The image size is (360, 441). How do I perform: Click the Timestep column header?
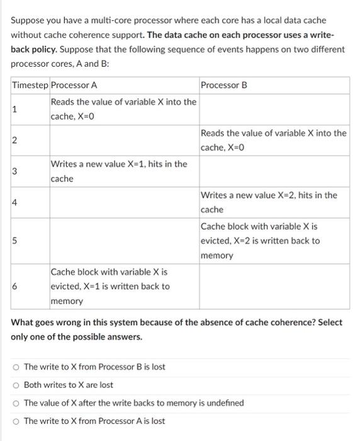pos(30,85)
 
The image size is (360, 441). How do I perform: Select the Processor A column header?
pos(74,85)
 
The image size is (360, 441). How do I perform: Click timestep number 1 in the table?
pos(14,109)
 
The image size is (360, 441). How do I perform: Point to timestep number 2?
pos(14,140)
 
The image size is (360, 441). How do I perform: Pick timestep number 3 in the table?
pos(14,171)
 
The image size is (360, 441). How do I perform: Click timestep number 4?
pos(14,202)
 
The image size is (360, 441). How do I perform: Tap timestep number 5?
pos(14,240)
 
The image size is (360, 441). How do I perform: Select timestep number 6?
pos(14,286)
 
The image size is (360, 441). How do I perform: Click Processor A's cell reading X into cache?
pos(123,109)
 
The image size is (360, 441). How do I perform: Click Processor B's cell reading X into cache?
pos(273,140)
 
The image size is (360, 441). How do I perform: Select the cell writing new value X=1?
pos(118,171)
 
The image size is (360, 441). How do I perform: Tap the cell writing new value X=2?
pos(269,202)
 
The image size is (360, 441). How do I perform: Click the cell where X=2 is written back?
pos(261,240)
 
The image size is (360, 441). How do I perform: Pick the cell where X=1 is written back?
pos(110,286)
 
